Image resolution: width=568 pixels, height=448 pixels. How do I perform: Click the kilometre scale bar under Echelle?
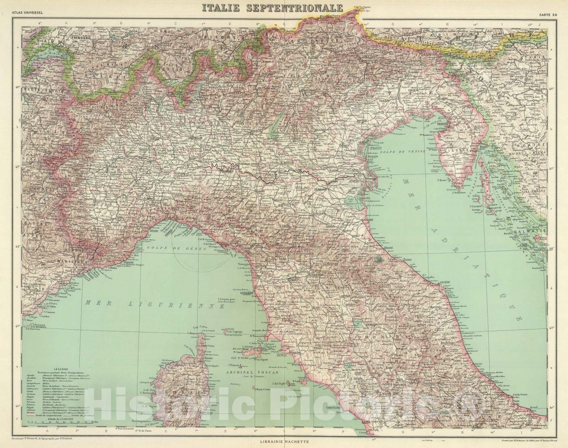pos(60,432)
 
